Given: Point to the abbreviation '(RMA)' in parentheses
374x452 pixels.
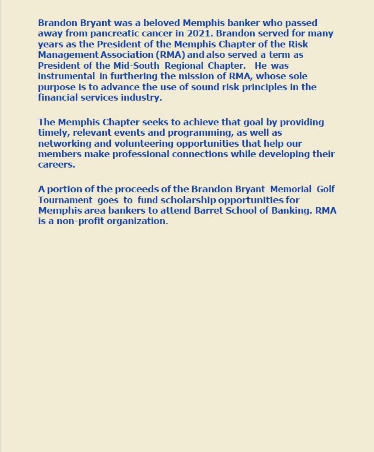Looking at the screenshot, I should pos(170,55).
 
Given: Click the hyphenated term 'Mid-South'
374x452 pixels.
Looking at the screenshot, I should pos(136,65).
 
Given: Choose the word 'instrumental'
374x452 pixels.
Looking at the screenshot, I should pos(66,76).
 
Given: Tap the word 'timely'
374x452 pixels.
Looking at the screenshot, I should pos(54,133).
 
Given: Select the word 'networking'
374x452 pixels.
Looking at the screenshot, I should pos(65,143).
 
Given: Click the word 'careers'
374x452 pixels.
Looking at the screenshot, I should pos(56,164).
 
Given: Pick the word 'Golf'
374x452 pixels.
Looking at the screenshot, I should pos(326,189).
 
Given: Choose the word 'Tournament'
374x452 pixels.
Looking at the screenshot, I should pos(65,200).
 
